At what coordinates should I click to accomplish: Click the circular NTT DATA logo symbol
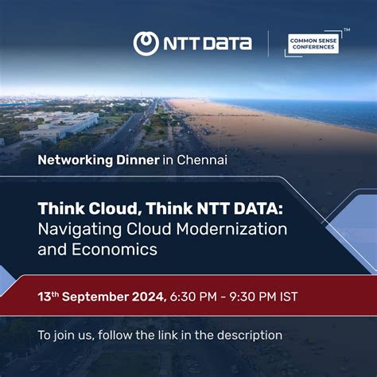pos(146,44)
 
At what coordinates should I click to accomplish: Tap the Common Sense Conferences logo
pos(313,43)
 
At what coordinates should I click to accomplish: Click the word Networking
pos(75,160)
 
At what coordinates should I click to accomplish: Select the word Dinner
pos(138,160)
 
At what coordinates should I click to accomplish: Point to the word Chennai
pos(202,160)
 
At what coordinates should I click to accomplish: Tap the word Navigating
pos(76,229)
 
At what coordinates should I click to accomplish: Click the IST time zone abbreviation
pos(310,297)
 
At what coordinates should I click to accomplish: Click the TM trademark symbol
pos(347,29)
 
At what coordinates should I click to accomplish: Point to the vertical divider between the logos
pos(268,44)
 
